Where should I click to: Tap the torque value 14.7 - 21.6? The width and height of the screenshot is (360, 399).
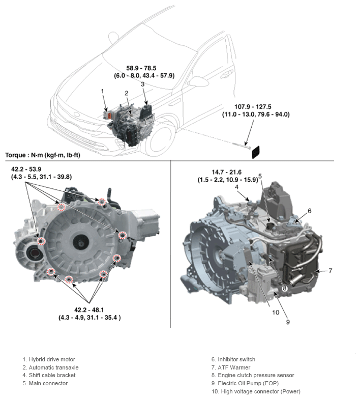[228, 173]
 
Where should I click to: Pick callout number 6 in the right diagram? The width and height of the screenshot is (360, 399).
[309, 211]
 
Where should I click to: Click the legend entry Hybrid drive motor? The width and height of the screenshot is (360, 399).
[49, 359]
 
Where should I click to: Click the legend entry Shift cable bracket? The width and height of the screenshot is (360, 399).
[48, 376]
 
